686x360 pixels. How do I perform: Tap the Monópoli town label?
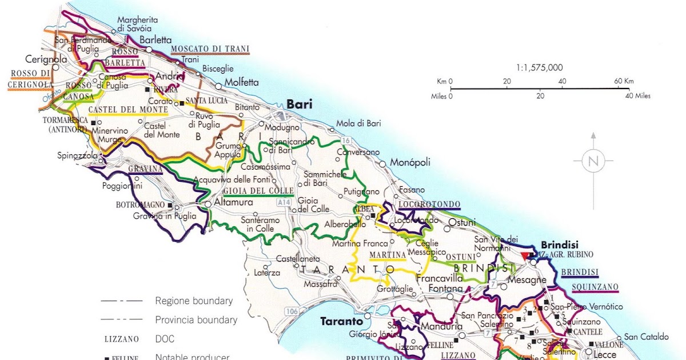[410, 162]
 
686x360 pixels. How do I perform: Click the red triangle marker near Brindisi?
[525, 255]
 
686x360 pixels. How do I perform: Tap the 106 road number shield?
[291, 311]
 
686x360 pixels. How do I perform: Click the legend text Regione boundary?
[194, 301]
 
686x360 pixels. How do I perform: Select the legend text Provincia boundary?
[196, 320]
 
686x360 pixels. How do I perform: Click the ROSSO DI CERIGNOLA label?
[30, 79]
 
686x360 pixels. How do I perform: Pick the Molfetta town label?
[241, 82]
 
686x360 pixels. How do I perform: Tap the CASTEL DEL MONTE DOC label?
[127, 109]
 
